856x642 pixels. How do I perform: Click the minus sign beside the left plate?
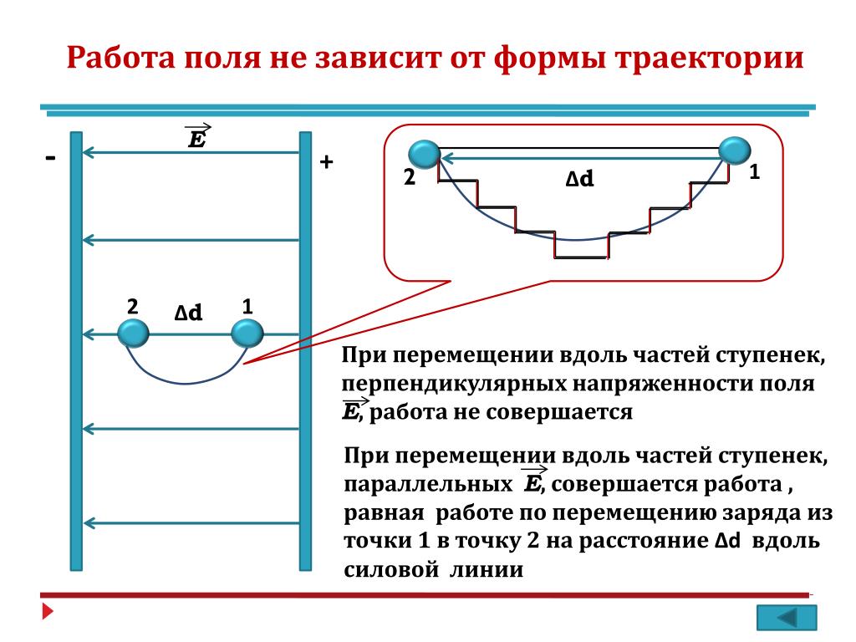tap(52, 158)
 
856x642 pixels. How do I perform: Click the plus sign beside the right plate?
tap(327, 163)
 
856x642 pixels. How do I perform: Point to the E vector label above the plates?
tap(197, 136)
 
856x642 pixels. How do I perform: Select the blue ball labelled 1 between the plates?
tap(247, 334)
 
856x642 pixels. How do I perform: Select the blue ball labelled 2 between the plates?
tap(133, 334)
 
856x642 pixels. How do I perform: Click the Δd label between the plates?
tap(188, 313)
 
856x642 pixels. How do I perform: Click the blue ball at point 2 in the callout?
tap(425, 155)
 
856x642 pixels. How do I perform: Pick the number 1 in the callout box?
tap(754, 172)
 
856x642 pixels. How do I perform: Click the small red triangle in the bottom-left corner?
tap(48, 613)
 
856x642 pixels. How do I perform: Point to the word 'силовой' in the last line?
tap(391, 570)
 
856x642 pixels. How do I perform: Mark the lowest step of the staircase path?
tap(581, 257)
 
